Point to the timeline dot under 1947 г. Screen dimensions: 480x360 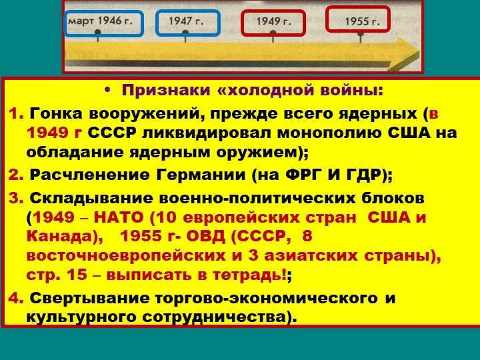(x=185, y=32)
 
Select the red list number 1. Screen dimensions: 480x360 (x=16, y=114)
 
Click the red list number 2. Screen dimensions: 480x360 (x=16, y=175)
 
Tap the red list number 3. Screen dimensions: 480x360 (x=16, y=199)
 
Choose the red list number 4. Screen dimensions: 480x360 (x=16, y=298)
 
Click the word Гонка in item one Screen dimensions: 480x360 (x=56, y=114)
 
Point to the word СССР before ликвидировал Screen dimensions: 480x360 (x=112, y=133)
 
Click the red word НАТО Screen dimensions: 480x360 (x=119, y=217)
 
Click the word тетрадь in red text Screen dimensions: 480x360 (x=247, y=275)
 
